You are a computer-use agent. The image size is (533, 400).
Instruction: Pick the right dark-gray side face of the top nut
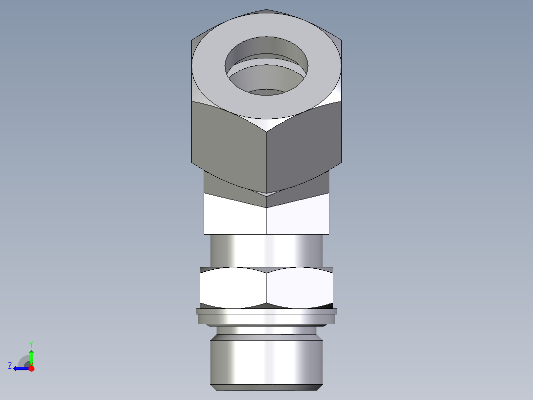tap(304, 144)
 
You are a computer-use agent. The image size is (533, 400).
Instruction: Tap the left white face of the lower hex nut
tap(232, 287)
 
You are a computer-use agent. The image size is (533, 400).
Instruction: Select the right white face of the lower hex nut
tap(299, 287)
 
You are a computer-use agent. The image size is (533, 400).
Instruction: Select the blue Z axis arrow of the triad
tap(20, 368)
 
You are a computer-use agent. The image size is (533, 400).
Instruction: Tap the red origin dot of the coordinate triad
tap(31, 368)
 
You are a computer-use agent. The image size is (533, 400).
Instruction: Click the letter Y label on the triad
tap(31, 344)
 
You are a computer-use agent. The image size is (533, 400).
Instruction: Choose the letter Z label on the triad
tap(10, 366)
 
